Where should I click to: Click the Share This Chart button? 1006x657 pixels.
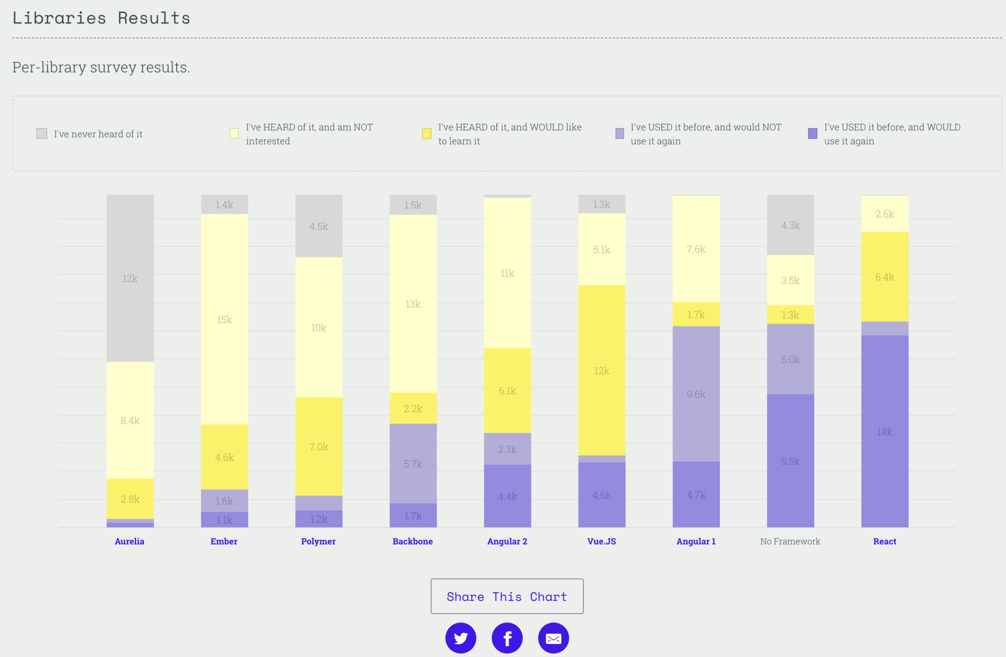pyautogui.click(x=507, y=596)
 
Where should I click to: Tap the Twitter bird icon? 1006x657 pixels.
pyautogui.click(x=460, y=638)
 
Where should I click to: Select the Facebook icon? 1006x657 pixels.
pyautogui.click(x=507, y=638)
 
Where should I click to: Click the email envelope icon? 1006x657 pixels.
pyautogui.click(x=553, y=638)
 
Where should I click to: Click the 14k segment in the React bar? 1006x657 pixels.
pyautogui.click(x=884, y=432)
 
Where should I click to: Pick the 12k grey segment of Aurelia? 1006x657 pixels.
pyautogui.click(x=130, y=278)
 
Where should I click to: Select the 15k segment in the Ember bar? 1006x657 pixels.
pyautogui.click(x=224, y=319)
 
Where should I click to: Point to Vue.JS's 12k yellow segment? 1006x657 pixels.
pyautogui.click(x=601, y=370)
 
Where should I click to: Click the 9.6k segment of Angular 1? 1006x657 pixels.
pyautogui.click(x=696, y=394)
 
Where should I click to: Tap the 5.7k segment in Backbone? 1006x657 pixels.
pyautogui.click(x=413, y=464)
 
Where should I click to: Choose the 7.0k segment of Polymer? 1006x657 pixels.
pyautogui.click(x=318, y=446)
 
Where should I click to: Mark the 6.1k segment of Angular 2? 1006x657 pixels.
pyautogui.click(x=507, y=390)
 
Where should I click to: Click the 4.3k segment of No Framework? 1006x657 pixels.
pyautogui.click(x=790, y=225)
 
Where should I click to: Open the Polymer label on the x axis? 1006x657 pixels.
pyautogui.click(x=318, y=541)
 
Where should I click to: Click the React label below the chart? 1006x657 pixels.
pyautogui.click(x=884, y=541)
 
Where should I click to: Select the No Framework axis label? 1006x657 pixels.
pyautogui.click(x=790, y=541)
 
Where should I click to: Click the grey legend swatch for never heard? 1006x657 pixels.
pyautogui.click(x=42, y=133)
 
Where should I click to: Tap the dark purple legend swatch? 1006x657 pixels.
pyautogui.click(x=812, y=133)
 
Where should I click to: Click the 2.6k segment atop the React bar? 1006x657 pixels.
pyautogui.click(x=884, y=214)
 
